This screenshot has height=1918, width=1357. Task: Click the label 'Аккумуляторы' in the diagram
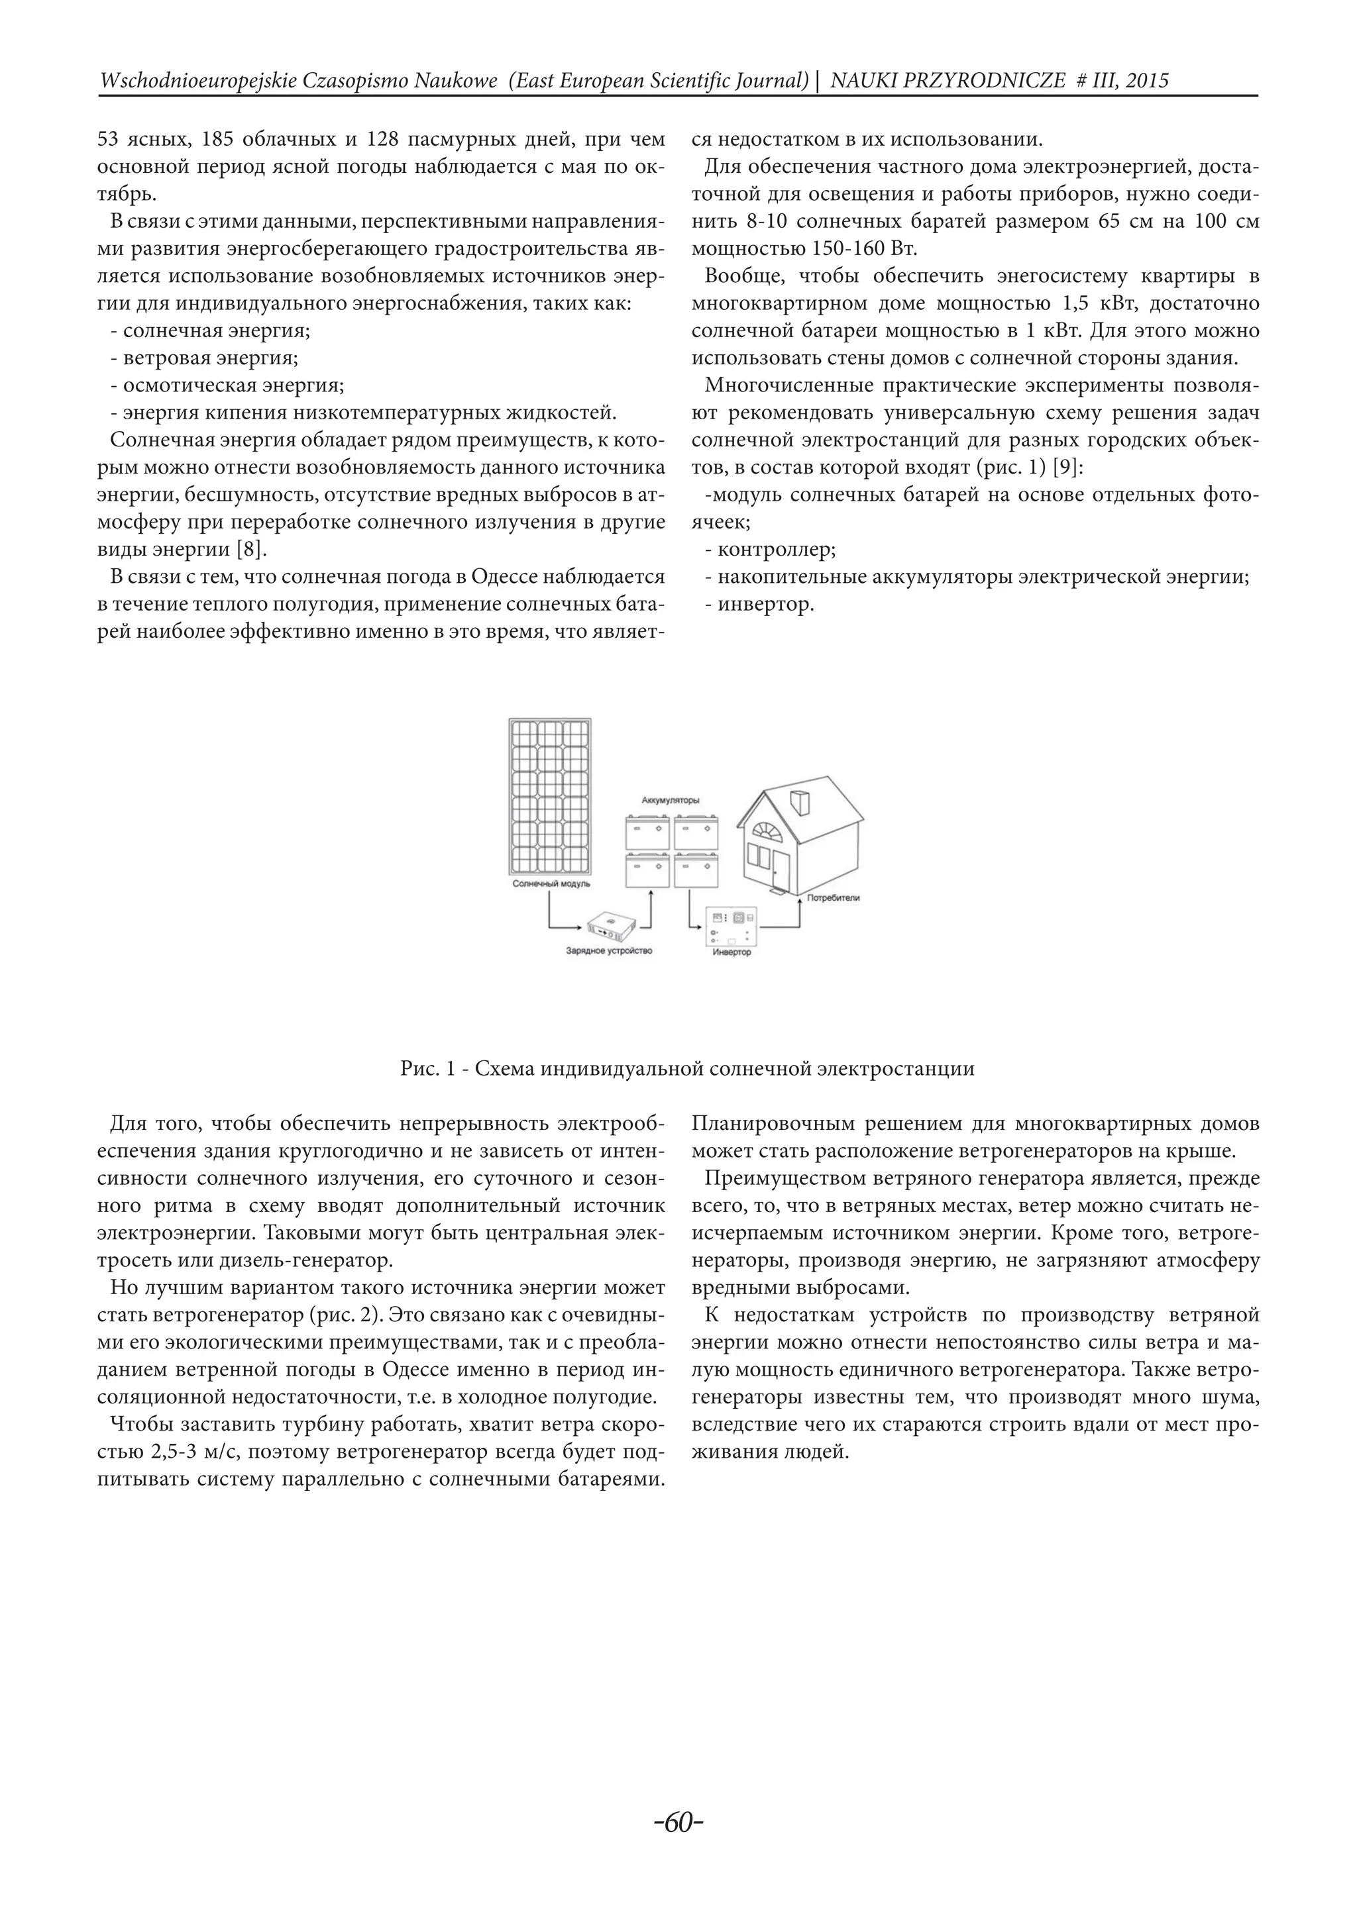tap(670, 800)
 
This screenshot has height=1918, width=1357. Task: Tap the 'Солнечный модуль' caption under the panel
tap(551, 883)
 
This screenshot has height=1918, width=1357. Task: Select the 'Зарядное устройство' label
tap(608, 950)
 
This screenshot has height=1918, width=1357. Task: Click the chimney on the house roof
tap(800, 803)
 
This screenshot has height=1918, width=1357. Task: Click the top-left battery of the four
tap(647, 834)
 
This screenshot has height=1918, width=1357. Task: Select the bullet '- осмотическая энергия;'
tap(227, 385)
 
